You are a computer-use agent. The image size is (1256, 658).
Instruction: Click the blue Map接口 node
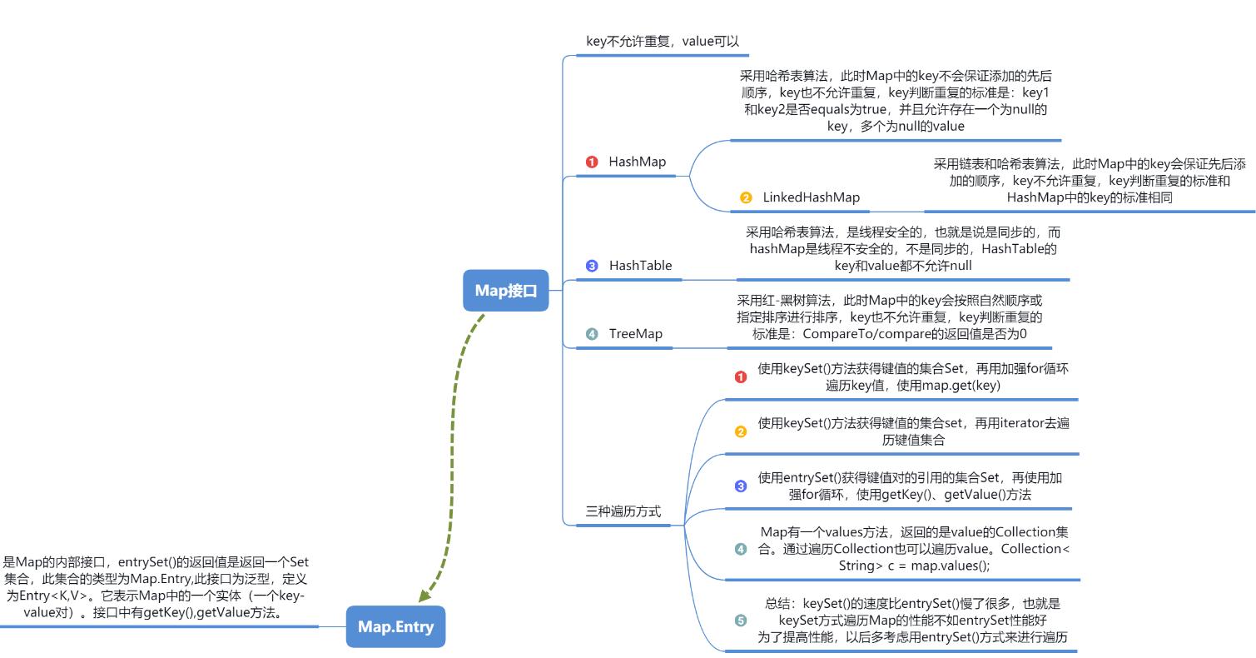click(x=506, y=291)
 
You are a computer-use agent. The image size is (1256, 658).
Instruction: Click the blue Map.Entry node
click(x=395, y=627)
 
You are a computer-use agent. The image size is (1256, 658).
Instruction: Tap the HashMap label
click(x=637, y=162)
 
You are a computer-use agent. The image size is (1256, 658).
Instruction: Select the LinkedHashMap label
click(x=811, y=197)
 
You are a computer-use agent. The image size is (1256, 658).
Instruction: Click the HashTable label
click(x=640, y=266)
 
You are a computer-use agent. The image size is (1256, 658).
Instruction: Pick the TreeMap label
click(x=635, y=334)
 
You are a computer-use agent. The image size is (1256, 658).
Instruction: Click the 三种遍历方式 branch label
click(x=623, y=511)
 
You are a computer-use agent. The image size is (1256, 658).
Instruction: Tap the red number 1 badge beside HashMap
click(x=592, y=162)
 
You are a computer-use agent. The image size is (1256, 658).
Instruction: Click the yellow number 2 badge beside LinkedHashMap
click(x=746, y=198)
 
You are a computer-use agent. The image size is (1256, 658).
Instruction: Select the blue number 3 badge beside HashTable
click(x=592, y=266)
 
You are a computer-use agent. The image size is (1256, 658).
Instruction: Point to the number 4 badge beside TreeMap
click(x=592, y=334)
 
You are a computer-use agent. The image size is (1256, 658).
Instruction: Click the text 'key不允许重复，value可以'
click(x=663, y=41)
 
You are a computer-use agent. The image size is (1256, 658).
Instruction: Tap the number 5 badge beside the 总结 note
click(x=741, y=621)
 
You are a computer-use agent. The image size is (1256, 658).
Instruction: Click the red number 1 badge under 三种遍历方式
click(x=741, y=377)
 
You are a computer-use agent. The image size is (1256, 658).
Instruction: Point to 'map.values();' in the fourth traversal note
click(x=951, y=566)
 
